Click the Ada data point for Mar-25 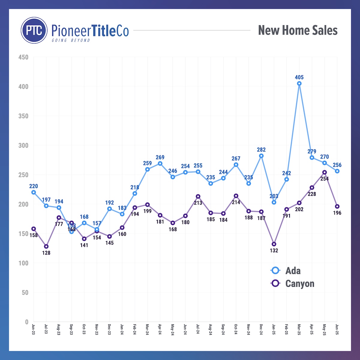pyautogui.click(x=299, y=84)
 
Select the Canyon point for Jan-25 pyautogui.click(x=274, y=244)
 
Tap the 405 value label pyautogui.click(x=299, y=77)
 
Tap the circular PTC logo pyautogui.click(x=34, y=30)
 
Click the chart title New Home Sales pyautogui.click(x=298, y=30)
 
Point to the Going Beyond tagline pyautogui.click(x=71, y=40)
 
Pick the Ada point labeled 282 pyautogui.click(x=261, y=156)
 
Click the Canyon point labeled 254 pyautogui.click(x=324, y=172)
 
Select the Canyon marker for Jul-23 pyautogui.click(x=46, y=246)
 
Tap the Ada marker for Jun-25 pyautogui.click(x=337, y=171)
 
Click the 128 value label pyautogui.click(x=46, y=253)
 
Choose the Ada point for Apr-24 pyautogui.click(x=160, y=163)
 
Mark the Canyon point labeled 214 pyautogui.click(x=236, y=196)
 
